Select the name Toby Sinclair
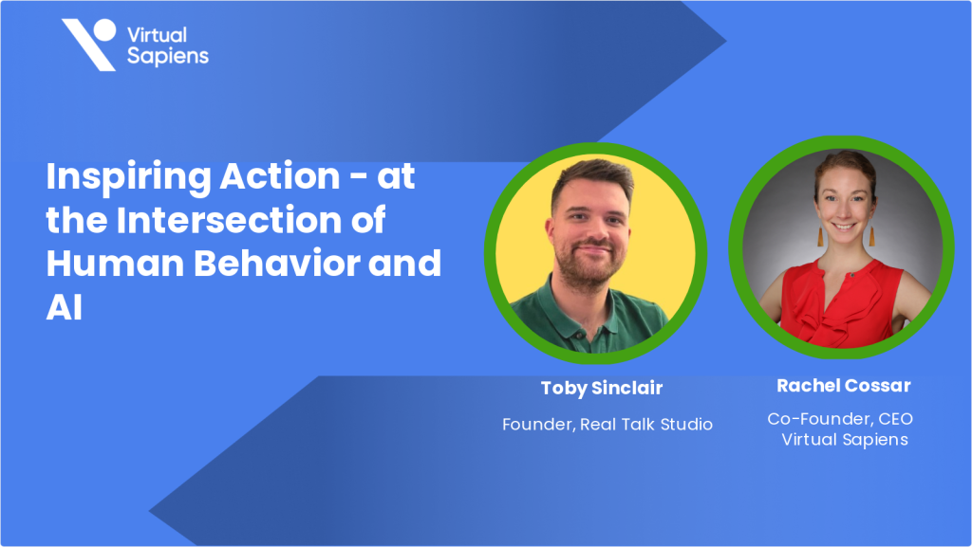pyautogui.click(x=602, y=388)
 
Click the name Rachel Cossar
pyautogui.click(x=844, y=385)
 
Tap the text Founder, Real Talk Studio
pyautogui.click(x=607, y=424)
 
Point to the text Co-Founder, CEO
pyautogui.click(x=840, y=418)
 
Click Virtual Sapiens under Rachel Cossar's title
pyautogui.click(x=844, y=439)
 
